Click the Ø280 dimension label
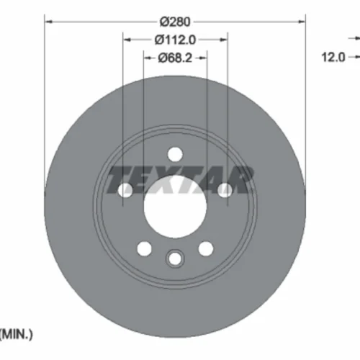point(175,22)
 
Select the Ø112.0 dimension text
point(175,40)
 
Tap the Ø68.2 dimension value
point(175,58)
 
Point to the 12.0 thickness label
point(333,58)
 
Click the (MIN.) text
point(16,334)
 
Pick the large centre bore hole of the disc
point(175,207)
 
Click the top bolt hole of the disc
point(175,154)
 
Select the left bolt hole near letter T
point(125,190)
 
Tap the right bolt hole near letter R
point(225,190)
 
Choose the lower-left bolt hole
point(144,248)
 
